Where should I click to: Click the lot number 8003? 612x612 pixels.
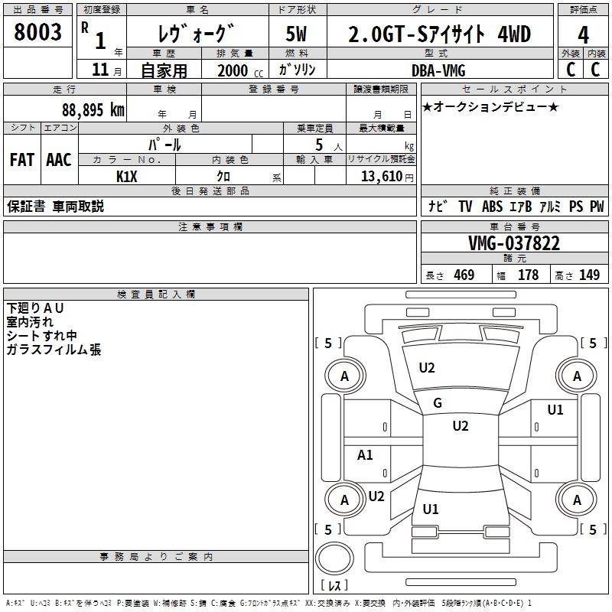click(x=38, y=33)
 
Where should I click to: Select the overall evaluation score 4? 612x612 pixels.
click(x=583, y=34)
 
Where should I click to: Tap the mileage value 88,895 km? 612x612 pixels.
click(x=93, y=110)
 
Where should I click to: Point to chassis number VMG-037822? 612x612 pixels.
click(x=514, y=243)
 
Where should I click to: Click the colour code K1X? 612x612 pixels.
click(x=127, y=176)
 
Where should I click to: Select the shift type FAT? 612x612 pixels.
click(x=22, y=160)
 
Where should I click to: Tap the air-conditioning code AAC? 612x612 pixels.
click(x=59, y=160)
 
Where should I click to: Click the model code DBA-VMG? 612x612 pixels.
click(x=438, y=70)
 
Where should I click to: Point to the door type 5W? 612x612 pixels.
click(x=298, y=34)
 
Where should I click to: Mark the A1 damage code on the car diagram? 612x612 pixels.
click(x=366, y=455)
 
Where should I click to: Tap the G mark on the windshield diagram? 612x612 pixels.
click(x=438, y=403)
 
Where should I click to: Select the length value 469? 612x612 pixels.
click(x=464, y=275)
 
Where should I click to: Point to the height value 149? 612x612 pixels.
click(x=589, y=275)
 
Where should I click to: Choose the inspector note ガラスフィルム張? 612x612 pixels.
click(x=54, y=350)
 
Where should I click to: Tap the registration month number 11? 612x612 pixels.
click(x=99, y=70)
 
